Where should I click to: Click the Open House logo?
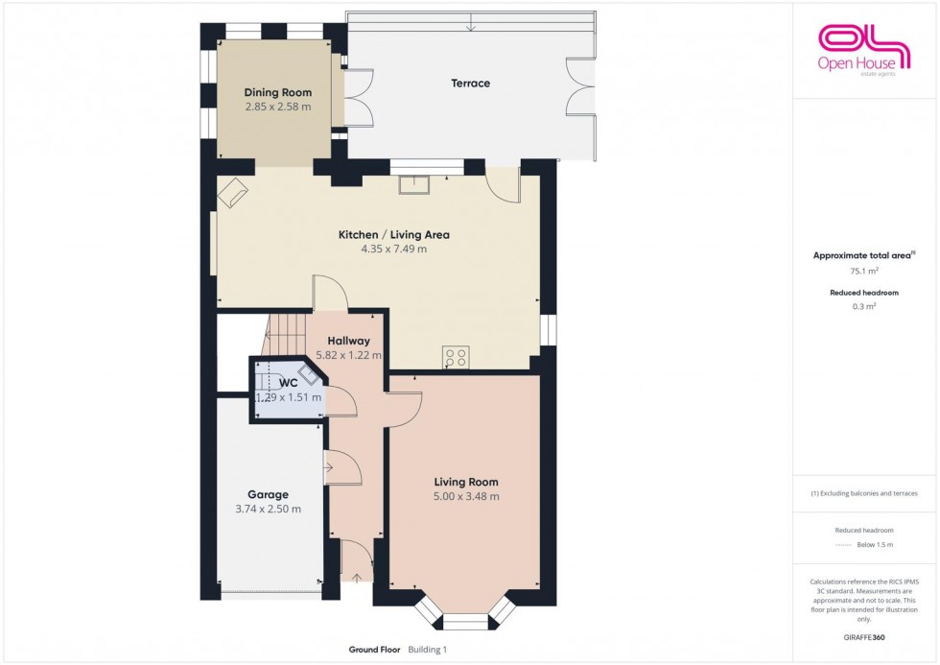click(x=864, y=50)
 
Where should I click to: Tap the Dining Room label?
click(x=277, y=92)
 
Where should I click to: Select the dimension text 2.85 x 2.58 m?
click(x=277, y=107)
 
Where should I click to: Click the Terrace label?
click(x=471, y=83)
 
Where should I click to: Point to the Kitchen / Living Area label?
click(x=394, y=234)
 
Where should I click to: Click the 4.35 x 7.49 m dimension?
click(x=394, y=249)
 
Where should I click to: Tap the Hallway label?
click(x=348, y=341)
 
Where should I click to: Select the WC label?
click(x=289, y=383)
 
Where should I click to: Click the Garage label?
click(x=268, y=495)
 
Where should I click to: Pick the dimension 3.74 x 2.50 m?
click(x=268, y=510)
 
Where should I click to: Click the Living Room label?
click(x=466, y=482)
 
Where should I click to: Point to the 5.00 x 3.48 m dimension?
click(x=466, y=496)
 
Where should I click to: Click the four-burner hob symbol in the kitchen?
click(x=455, y=357)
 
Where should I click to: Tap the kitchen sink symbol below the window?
click(x=414, y=184)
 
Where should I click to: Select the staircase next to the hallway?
click(x=288, y=335)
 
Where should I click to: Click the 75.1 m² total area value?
click(x=864, y=271)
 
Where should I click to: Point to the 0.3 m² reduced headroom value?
click(x=864, y=306)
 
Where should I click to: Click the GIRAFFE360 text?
click(x=864, y=637)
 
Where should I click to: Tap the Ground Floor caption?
click(x=375, y=650)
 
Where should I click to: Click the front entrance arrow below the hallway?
click(x=357, y=578)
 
